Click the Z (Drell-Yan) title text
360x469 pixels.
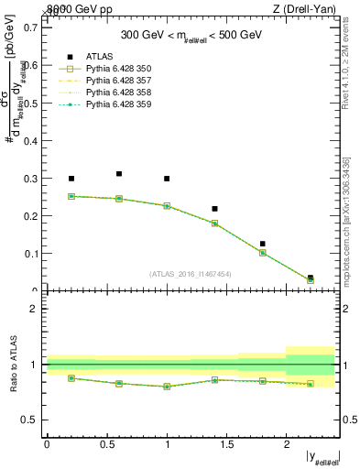tap(311, 8)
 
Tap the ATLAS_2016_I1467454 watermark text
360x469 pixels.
tap(191, 273)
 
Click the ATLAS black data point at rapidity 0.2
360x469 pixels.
tap(71, 179)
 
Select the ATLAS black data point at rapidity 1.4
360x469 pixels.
tap(214, 209)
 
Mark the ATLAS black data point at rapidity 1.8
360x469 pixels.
tap(262, 244)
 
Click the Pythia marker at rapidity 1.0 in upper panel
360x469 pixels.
tap(167, 206)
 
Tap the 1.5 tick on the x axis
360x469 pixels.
tap(226, 443)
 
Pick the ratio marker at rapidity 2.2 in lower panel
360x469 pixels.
tap(310, 384)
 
